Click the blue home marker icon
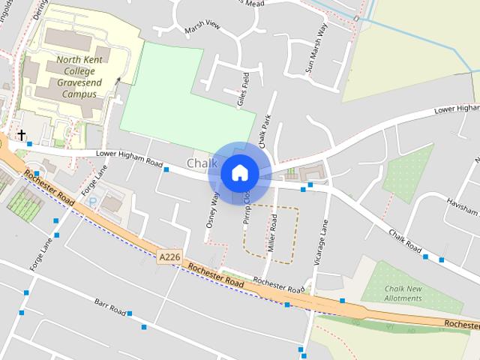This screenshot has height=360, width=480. coord(239,173)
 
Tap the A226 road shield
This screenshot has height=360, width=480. coord(169,257)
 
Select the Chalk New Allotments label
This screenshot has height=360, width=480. coord(403,293)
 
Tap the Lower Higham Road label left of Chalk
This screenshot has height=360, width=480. coord(129,158)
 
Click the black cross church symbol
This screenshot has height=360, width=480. coord(22,135)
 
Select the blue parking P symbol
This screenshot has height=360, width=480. coord(92,202)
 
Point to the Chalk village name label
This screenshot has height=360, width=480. coord(202,163)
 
